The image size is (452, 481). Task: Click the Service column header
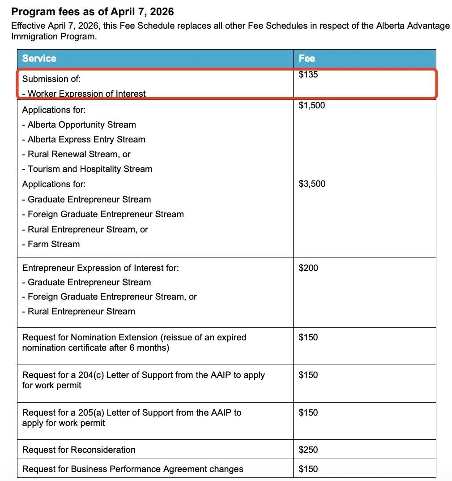coord(39,59)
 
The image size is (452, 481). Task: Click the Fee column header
coord(307,59)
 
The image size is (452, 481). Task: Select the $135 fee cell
coord(308,75)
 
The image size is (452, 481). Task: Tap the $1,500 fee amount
coord(312,106)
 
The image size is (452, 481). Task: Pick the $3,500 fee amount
coord(312,184)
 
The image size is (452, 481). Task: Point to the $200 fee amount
coord(308,268)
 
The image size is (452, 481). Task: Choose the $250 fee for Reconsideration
coord(308,450)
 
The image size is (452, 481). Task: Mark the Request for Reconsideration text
coord(79,450)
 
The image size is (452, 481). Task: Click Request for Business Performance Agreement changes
coord(133,469)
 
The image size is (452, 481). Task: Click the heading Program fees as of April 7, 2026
coord(93,12)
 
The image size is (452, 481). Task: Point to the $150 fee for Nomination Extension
coord(308,338)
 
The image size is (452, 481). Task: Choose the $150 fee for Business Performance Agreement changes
coord(308,469)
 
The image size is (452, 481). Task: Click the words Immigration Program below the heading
coord(53,37)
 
